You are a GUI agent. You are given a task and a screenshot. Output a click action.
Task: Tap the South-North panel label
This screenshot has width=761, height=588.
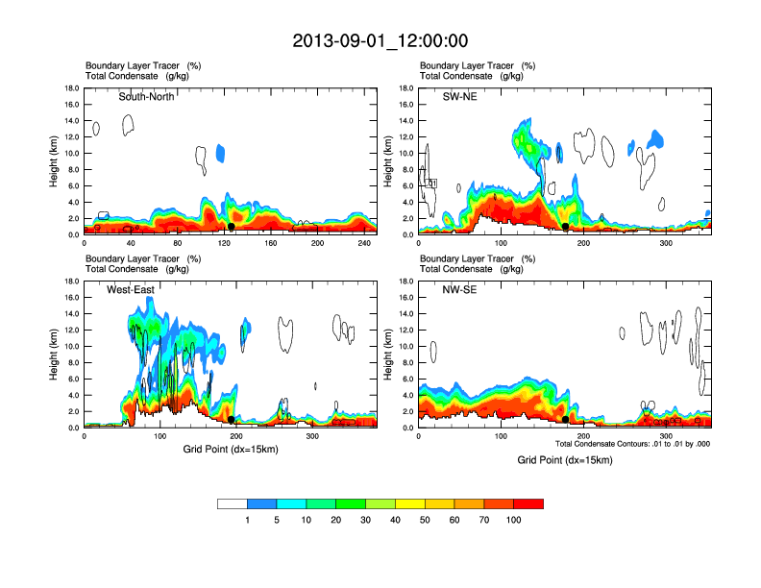(146, 96)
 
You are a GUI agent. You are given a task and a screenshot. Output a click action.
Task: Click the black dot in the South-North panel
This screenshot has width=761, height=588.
(232, 227)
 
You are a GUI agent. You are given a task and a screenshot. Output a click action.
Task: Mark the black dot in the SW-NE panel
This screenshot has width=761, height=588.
(566, 227)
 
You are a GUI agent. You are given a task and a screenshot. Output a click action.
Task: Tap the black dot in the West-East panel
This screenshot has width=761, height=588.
(232, 420)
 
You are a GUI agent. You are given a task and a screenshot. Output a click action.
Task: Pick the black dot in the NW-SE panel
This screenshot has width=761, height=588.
(565, 419)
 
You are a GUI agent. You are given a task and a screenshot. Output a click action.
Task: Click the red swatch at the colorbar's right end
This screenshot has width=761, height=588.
(528, 503)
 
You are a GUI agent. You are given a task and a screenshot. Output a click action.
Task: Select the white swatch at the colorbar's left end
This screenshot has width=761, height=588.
(233, 503)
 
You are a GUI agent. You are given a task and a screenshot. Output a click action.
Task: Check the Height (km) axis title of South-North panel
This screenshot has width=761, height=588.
(54, 161)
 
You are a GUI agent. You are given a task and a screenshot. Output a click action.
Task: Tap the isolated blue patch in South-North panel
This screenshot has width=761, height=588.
(220, 153)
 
